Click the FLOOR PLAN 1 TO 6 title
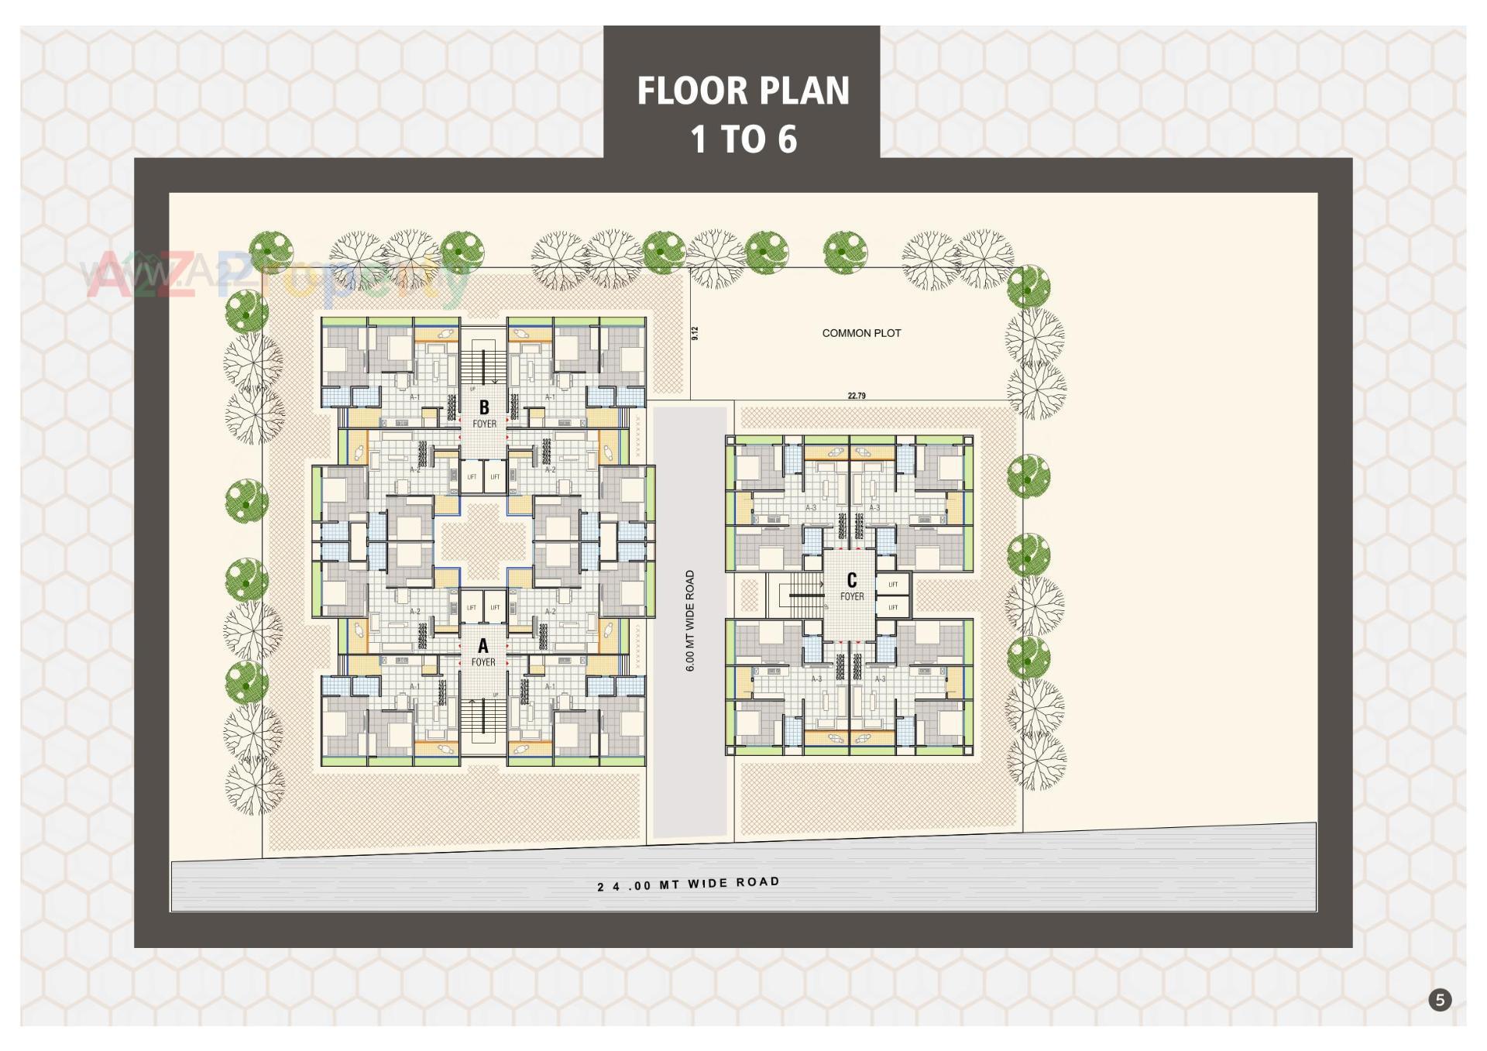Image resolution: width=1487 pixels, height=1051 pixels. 742,115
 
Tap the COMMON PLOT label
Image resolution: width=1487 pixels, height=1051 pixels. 861,333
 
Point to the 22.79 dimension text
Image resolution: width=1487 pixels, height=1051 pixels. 856,396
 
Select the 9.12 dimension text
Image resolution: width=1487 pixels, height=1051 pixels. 695,333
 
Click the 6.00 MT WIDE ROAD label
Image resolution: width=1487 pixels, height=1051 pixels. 690,620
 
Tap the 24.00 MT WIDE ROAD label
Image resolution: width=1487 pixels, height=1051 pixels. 688,884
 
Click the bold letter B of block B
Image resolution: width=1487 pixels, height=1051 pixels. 484,407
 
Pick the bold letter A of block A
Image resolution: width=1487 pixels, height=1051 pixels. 483,646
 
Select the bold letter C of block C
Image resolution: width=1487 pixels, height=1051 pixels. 852,580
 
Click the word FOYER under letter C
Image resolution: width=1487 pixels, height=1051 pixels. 852,596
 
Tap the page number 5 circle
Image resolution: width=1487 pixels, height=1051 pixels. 1440,1000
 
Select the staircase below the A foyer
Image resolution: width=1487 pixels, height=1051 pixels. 483,716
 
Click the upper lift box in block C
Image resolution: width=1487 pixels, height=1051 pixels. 893,584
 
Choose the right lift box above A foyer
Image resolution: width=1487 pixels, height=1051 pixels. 495,607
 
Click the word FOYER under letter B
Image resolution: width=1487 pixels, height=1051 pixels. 485,424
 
